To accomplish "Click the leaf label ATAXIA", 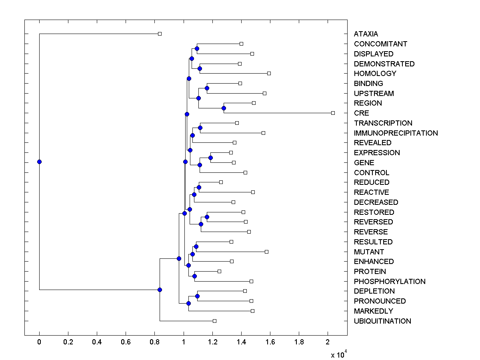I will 366,34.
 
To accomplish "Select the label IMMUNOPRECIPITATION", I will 396,133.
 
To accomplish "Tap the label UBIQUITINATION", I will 382,321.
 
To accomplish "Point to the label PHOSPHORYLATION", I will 389,281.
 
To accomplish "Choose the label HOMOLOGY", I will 375,73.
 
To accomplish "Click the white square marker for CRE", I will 333,113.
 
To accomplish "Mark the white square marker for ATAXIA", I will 160,34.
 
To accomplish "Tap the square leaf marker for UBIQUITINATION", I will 214,321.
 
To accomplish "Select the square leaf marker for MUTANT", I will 266,252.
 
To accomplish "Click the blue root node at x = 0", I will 39,162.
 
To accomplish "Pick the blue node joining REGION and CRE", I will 224,108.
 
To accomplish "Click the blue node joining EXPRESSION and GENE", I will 210,158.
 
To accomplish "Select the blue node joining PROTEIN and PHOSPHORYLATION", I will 194,276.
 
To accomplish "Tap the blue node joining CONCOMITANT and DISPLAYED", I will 197,48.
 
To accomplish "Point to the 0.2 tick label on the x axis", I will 68,342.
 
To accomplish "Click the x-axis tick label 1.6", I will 270,342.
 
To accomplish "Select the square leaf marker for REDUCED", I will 221,182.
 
